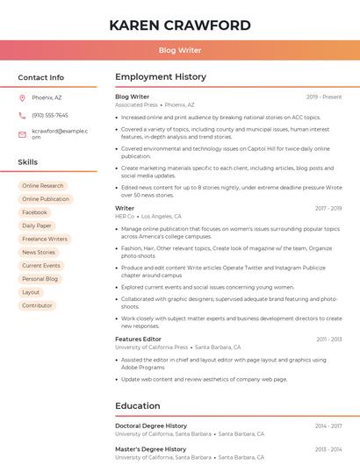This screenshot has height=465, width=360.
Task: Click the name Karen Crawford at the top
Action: click(x=179, y=25)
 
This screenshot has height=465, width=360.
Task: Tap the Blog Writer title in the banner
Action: click(x=179, y=51)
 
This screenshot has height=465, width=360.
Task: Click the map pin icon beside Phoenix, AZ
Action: click(x=22, y=97)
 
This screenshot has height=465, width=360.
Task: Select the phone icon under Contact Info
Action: click(x=22, y=115)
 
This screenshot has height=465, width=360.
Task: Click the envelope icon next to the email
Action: click(x=22, y=133)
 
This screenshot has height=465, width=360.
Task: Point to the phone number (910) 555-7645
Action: click(x=49, y=115)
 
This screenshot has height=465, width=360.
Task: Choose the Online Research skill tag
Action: click(x=43, y=186)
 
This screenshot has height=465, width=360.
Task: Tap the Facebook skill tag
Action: click(x=35, y=212)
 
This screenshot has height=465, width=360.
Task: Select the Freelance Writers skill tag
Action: click(x=45, y=239)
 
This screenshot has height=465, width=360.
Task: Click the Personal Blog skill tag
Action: click(x=40, y=279)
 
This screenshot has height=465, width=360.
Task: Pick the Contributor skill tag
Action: click(x=37, y=305)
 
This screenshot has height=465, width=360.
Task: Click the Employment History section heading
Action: click(x=161, y=77)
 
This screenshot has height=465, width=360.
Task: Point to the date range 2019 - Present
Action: click(x=324, y=97)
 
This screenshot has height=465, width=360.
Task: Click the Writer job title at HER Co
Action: click(x=125, y=208)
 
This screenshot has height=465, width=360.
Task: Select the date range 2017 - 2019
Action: click(x=328, y=208)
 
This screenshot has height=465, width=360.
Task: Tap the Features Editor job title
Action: click(x=138, y=339)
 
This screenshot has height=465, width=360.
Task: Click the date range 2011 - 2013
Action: click(x=329, y=339)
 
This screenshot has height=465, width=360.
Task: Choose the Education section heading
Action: click(x=138, y=406)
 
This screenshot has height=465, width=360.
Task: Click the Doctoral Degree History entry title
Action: click(x=151, y=426)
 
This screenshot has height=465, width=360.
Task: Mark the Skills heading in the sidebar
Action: click(x=27, y=162)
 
